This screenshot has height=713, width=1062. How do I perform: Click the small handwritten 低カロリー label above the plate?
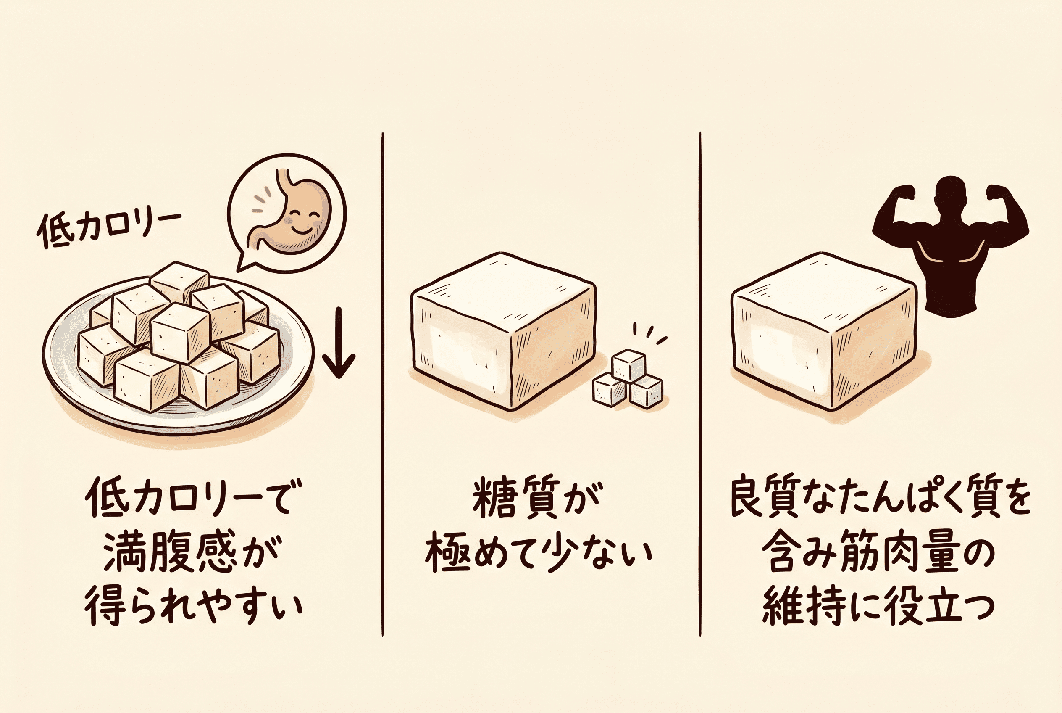point(109,229)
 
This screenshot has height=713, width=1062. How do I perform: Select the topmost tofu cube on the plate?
point(179,282)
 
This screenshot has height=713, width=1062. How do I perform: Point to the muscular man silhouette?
point(951,246)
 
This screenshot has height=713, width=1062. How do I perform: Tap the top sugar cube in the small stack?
point(628,364)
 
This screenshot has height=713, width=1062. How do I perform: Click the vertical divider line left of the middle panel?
point(383,384)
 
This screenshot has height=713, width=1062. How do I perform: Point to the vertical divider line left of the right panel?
point(700,384)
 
